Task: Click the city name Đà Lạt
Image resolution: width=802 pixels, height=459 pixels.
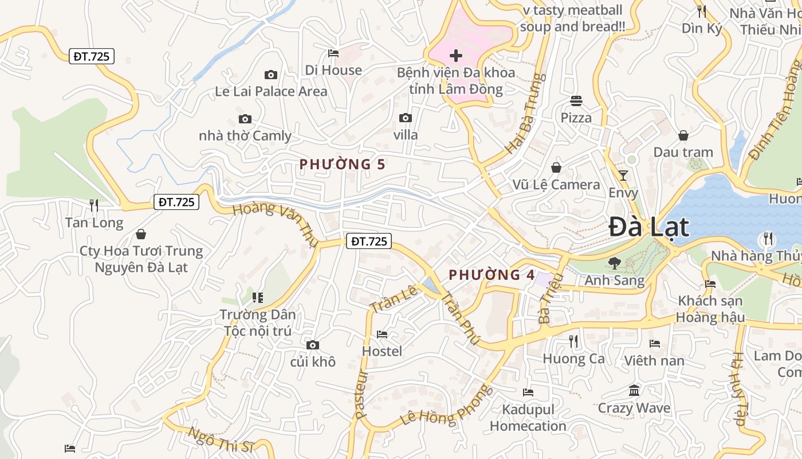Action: tap(648, 227)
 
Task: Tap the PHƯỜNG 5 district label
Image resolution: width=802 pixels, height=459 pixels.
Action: tap(342, 165)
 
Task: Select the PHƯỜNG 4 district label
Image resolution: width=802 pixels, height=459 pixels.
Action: tap(492, 275)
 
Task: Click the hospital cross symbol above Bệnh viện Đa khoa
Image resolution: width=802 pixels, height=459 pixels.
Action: tap(456, 56)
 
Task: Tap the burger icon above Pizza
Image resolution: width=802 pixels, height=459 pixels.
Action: tap(576, 101)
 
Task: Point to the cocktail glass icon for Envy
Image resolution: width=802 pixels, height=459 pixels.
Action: tap(623, 176)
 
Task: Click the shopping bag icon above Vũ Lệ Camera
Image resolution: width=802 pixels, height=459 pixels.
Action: tap(556, 168)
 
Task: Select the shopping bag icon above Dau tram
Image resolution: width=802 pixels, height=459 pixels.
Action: tap(683, 135)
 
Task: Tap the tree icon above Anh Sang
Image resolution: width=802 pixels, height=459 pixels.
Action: tap(614, 263)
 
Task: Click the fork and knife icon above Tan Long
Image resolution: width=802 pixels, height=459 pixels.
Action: tap(94, 205)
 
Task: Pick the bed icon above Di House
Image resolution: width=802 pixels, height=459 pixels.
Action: tap(333, 53)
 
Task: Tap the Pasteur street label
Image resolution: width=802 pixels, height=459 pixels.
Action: tap(361, 394)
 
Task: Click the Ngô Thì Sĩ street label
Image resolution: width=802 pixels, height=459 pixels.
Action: tap(221, 441)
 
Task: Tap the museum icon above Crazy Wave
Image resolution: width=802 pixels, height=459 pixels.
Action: tap(634, 391)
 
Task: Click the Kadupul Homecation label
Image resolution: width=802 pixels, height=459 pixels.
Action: tap(528, 418)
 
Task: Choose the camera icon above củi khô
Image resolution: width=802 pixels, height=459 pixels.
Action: tap(312, 345)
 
